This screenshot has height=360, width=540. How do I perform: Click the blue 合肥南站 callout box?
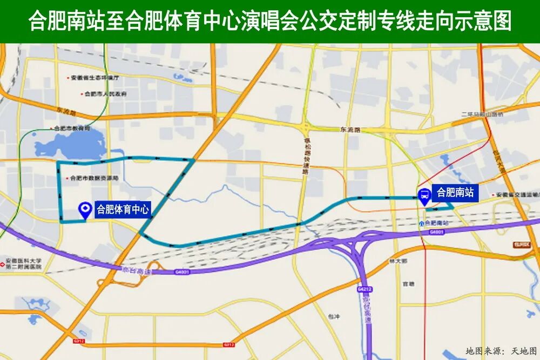coord(455,192)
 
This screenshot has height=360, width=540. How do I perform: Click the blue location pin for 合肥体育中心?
coord(84,210)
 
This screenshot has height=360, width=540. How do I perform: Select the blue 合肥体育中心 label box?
coord(122,209)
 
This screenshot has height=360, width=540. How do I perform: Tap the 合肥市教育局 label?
coord(71,128)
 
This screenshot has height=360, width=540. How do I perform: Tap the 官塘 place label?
coord(408,283)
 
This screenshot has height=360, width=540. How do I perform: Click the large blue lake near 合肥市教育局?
coord(76,144)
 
